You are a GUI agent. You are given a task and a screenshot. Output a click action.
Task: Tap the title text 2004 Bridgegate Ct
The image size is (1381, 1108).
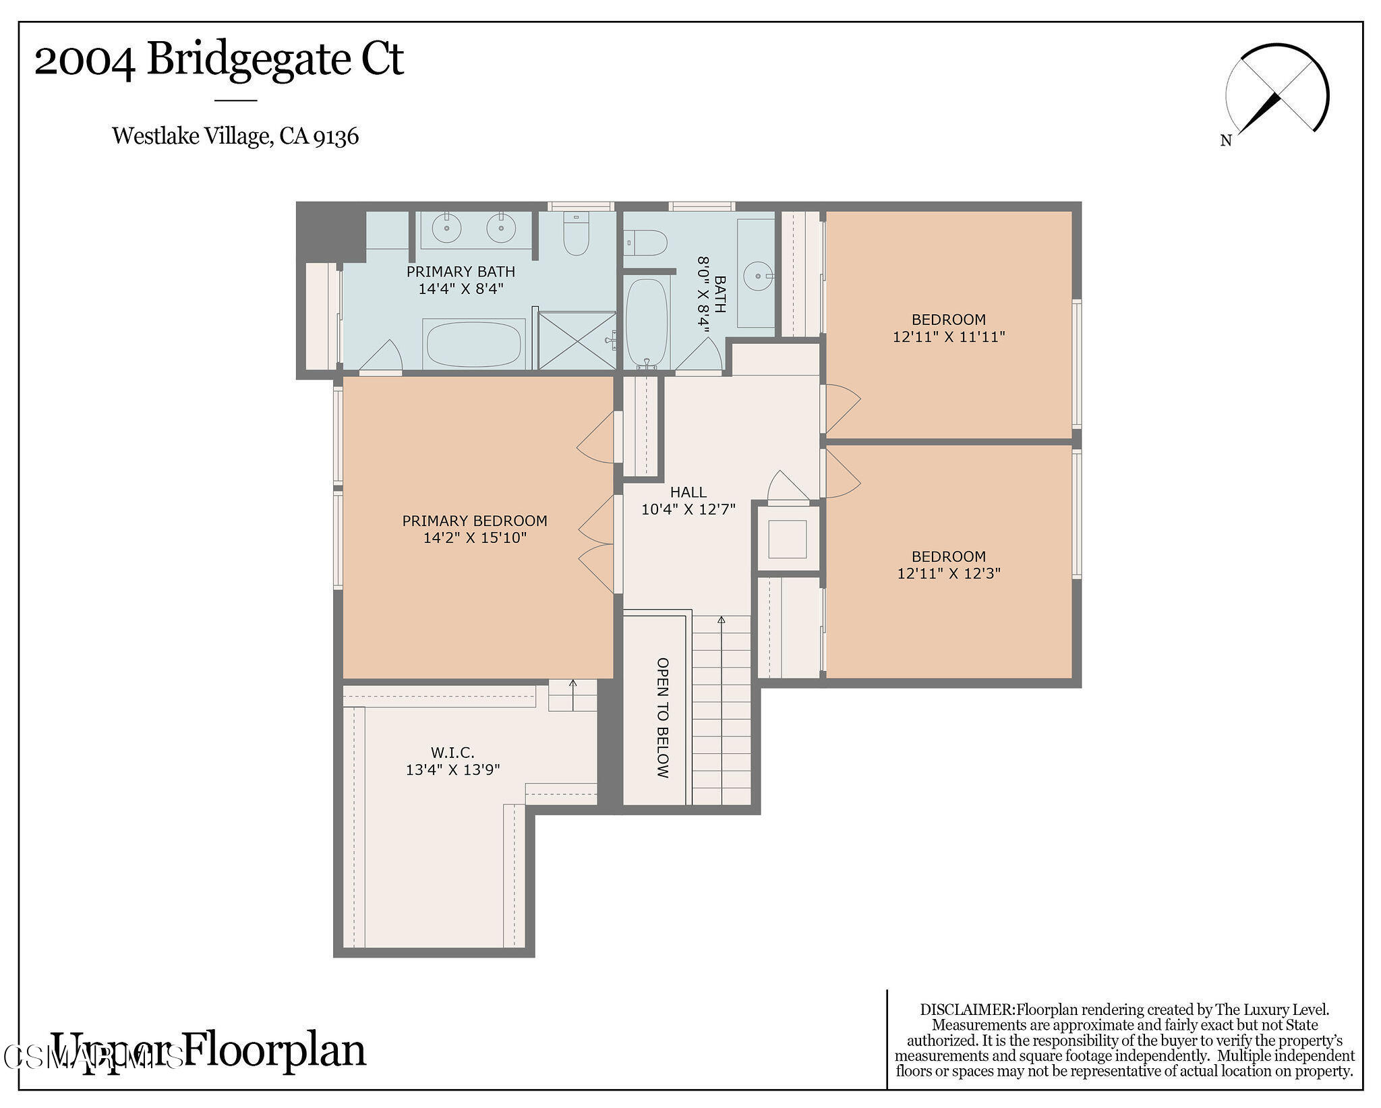coord(218,59)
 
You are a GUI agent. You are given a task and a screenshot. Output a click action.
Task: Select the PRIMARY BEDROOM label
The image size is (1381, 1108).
coord(474,521)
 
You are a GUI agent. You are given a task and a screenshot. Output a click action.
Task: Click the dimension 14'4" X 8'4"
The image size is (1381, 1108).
coord(461,289)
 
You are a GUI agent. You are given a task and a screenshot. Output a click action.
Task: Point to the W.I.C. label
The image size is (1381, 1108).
coord(452,752)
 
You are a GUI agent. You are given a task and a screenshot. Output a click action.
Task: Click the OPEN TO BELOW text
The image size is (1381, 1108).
coord(662,718)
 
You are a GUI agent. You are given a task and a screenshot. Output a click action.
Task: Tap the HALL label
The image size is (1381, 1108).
coord(688,492)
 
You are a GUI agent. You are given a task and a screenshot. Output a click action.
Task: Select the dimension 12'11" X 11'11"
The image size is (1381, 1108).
coord(948,337)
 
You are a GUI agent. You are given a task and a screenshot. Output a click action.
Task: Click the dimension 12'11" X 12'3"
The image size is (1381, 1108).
coord(948,574)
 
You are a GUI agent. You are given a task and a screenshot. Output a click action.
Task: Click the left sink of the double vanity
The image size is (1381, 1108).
coord(446,228)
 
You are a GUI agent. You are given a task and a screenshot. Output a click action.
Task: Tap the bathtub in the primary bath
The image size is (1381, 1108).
coord(473,343)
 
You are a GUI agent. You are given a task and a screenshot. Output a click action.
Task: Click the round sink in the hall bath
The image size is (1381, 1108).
coord(758,275)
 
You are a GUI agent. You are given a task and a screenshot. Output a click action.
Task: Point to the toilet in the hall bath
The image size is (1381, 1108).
coord(645,241)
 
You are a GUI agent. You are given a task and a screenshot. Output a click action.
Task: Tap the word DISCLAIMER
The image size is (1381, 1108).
coord(966,1010)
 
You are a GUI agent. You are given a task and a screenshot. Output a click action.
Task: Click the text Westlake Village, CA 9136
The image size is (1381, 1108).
coord(235,136)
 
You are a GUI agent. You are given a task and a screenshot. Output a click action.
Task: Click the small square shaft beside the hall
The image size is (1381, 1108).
coord(787,539)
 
